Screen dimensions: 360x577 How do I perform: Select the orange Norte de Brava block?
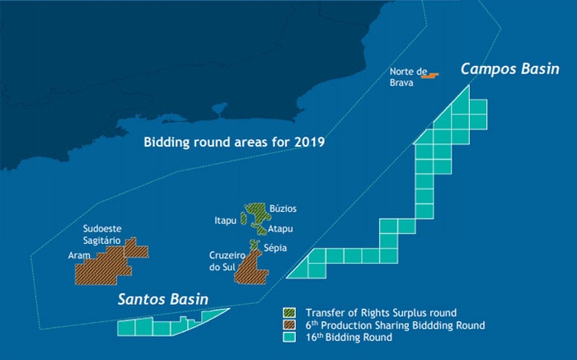[429, 76]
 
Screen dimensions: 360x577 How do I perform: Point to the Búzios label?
[283, 209]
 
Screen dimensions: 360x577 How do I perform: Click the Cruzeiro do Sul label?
[223, 261]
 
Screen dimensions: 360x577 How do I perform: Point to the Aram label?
[80, 256]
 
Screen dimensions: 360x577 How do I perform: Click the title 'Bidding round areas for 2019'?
[234, 142]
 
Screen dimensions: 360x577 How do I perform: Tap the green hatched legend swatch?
[289, 313]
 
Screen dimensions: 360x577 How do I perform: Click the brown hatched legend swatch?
[289, 325]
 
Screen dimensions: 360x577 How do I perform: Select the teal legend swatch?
[289, 337]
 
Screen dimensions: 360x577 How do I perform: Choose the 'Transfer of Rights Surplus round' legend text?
[381, 313]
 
